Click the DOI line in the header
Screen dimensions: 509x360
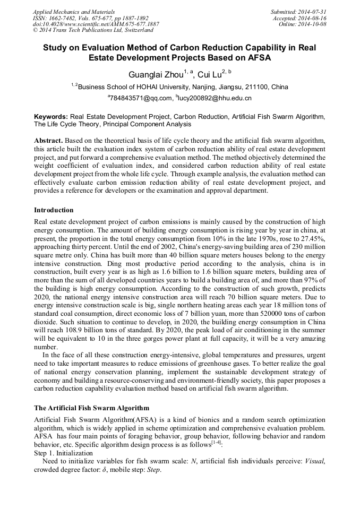click(x=96, y=24)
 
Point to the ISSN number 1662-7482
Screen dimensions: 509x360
click(x=65, y=18)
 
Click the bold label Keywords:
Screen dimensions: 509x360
click(x=51, y=116)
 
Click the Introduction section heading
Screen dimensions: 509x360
click(x=54, y=210)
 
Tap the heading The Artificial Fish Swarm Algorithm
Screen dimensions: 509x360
click(x=92, y=408)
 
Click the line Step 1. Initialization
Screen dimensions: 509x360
click(x=63, y=453)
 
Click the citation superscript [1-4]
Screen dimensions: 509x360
click(x=216, y=444)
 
